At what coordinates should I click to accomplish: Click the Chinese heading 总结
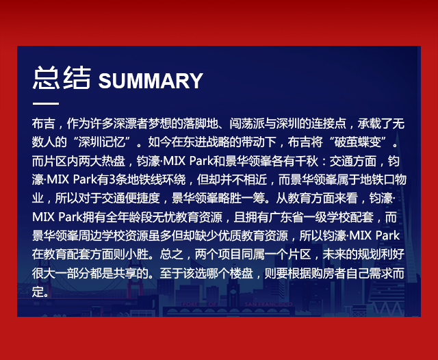(x=62, y=78)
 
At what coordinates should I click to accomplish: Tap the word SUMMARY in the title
(x=151, y=81)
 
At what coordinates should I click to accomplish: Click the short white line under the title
(x=46, y=103)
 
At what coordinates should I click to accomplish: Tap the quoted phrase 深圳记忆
(x=102, y=142)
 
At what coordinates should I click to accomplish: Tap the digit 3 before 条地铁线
(x=112, y=179)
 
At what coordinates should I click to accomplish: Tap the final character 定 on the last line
(x=38, y=292)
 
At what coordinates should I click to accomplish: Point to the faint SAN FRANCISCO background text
(x=268, y=304)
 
